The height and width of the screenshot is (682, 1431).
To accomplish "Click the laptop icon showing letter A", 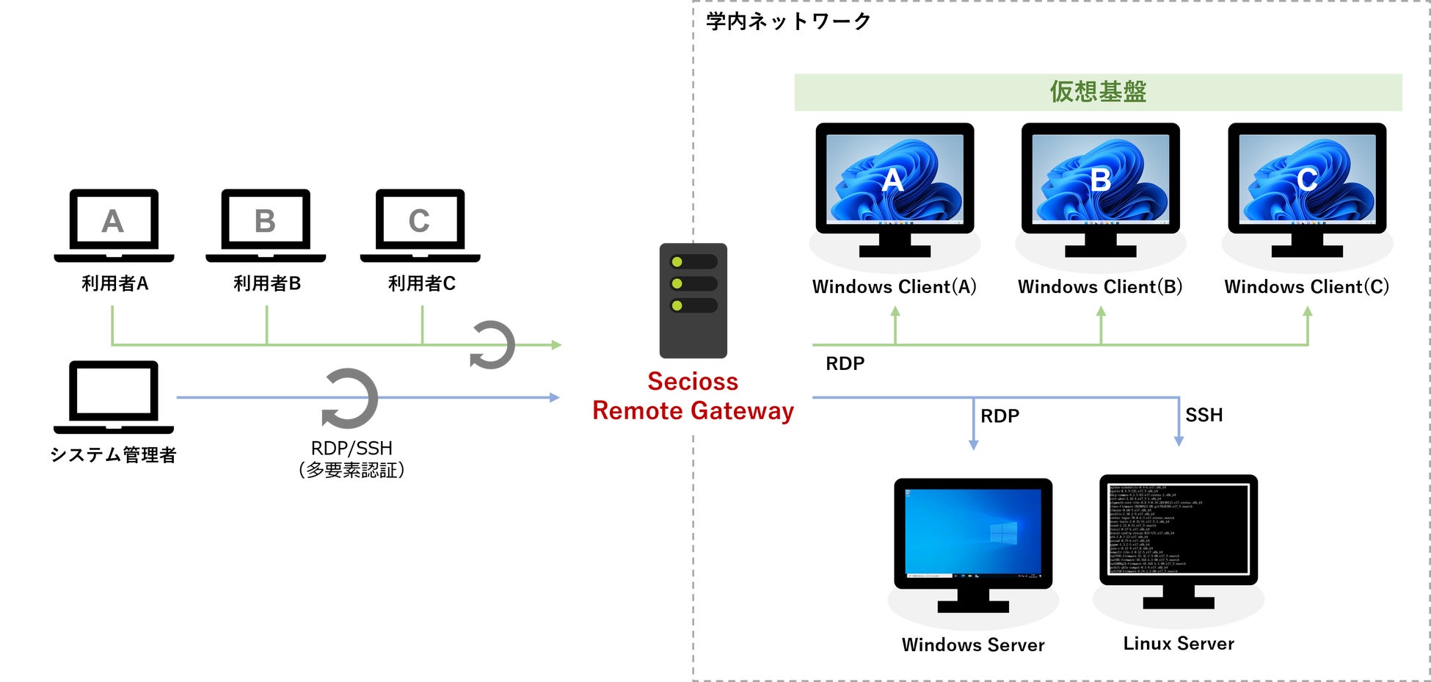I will [x=114, y=224].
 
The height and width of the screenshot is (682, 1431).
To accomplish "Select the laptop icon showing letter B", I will [x=266, y=224].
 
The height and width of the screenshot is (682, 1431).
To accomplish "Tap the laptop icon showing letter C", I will [x=420, y=224].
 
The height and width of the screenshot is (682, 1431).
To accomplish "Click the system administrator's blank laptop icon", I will [x=114, y=396].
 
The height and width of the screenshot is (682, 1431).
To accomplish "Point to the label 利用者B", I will [x=267, y=283].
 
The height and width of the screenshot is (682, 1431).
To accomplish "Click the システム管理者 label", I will [x=113, y=455].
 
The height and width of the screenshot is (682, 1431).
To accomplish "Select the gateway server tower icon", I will [x=693, y=300].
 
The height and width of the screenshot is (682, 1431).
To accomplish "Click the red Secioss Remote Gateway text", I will [x=693, y=396].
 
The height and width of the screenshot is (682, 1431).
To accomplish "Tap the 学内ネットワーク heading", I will [x=788, y=21].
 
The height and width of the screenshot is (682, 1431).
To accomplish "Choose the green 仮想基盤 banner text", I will [x=1098, y=92].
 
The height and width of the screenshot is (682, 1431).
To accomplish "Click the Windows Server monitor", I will [x=973, y=543].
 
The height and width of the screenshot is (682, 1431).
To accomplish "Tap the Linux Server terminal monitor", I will [x=1179, y=540].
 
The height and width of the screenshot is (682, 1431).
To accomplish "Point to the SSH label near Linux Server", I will [x=1204, y=416].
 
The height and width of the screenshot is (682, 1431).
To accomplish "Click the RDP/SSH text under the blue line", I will [x=352, y=448].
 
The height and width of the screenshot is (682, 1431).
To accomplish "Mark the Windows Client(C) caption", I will [x=1307, y=287].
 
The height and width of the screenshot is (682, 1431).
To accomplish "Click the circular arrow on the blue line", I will [x=350, y=399].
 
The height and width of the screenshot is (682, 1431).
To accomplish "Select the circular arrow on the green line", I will [x=492, y=344].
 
